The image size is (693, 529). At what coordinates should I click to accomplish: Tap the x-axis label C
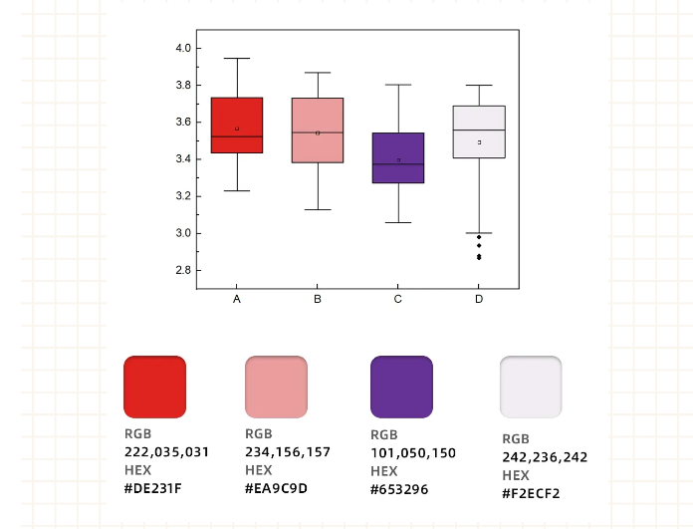398,299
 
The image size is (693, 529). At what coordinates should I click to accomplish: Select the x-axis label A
237,299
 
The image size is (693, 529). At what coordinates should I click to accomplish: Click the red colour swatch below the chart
154,387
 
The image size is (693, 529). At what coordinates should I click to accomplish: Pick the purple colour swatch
401,387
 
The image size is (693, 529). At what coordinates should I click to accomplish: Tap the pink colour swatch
276,387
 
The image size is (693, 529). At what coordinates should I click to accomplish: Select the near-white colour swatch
531,387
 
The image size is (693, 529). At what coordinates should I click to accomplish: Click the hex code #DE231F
153,488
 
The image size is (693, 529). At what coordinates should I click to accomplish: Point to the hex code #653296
400,489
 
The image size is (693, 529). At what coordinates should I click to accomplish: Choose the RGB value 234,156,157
288,451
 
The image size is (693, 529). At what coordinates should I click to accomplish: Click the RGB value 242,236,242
545,457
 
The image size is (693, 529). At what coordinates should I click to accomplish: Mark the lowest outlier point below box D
479,258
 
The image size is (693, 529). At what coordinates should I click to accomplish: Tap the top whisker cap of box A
237,59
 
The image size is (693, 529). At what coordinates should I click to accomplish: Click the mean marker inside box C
398,159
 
